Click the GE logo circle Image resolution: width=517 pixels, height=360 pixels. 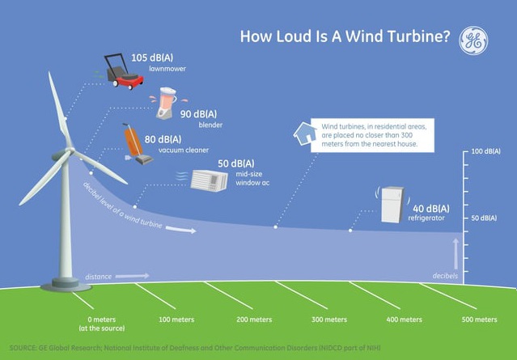[x=473, y=40]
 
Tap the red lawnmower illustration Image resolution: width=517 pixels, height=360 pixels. [x=125, y=72]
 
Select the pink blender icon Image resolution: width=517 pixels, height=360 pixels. [x=166, y=103]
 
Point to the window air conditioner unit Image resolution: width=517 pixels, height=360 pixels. [x=209, y=180]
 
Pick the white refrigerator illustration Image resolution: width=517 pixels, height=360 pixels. [x=392, y=205]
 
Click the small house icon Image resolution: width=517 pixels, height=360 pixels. [x=305, y=133]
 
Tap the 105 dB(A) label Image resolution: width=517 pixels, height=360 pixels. [x=152, y=57]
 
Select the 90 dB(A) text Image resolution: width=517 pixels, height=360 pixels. [x=198, y=114]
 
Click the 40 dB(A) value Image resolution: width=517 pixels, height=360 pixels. [x=431, y=209]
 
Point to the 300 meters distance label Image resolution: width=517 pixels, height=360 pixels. [x=329, y=320]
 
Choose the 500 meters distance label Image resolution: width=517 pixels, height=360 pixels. [x=479, y=320]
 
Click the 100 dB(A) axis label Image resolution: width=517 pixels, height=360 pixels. [x=485, y=151]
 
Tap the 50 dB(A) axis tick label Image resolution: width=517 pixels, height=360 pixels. [x=484, y=218]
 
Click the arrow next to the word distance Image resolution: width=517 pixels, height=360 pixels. [x=132, y=276]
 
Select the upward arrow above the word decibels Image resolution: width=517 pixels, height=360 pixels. [x=456, y=254]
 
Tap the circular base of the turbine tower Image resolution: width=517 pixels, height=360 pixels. [x=66, y=286]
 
